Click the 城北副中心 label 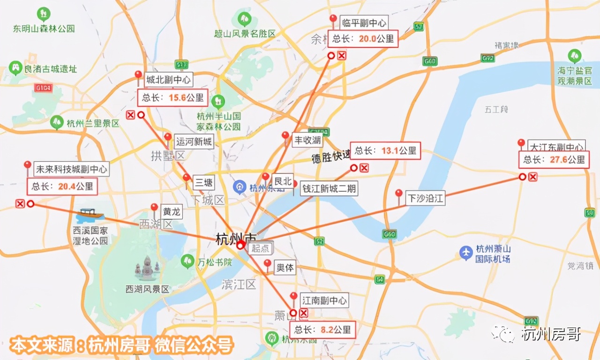[168, 80]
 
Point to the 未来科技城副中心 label [71, 169]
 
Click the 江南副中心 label [324, 300]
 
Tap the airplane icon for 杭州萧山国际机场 [466, 253]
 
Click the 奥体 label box [285, 268]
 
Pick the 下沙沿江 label [425, 198]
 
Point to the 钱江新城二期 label [329, 189]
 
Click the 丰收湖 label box [307, 140]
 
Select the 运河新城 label [194, 142]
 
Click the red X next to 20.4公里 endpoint [20, 203]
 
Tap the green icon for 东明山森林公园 [44, 14]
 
